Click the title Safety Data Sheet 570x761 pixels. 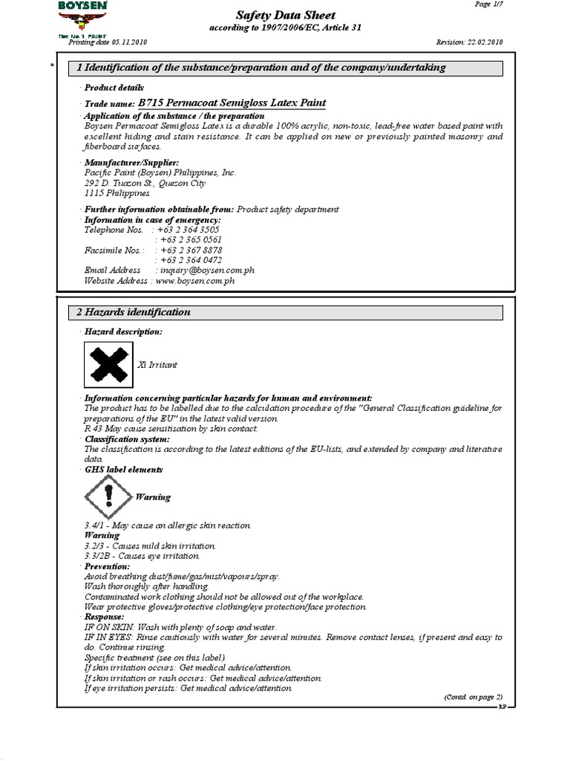[x=285, y=15]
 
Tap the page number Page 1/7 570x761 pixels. [x=488, y=4]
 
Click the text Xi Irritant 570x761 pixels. [x=158, y=365]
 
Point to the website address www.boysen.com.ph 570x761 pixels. [x=196, y=281]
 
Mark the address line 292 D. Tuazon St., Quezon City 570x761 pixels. [x=145, y=183]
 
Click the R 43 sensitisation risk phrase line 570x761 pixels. [x=171, y=429]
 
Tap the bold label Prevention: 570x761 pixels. [x=108, y=566]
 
